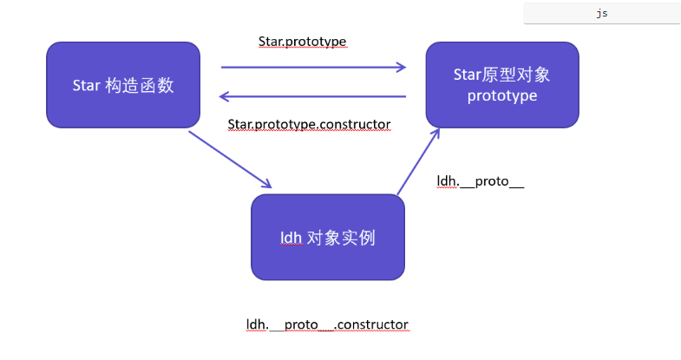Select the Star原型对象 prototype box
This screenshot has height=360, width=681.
pyautogui.click(x=502, y=85)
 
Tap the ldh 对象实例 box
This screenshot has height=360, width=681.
pyautogui.click(x=328, y=237)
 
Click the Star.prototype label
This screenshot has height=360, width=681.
pyautogui.click(x=303, y=41)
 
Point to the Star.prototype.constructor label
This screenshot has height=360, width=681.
pyautogui.click(x=309, y=125)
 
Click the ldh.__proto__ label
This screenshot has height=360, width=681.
pyautogui.click(x=481, y=182)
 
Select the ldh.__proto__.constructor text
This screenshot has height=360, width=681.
pyautogui.click(x=327, y=324)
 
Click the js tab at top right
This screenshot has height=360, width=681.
pyautogui.click(x=601, y=14)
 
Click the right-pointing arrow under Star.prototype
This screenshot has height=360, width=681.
pyautogui.click(x=313, y=66)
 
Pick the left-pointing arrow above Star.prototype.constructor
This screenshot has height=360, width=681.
pyautogui.click(x=313, y=96)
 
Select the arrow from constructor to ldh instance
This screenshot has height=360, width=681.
pyautogui.click(x=230, y=158)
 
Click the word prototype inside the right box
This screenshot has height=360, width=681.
pyautogui.click(x=502, y=95)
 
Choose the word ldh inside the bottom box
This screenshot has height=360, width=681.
pyautogui.click(x=291, y=238)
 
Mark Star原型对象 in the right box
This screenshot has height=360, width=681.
pyautogui.click(x=502, y=75)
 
